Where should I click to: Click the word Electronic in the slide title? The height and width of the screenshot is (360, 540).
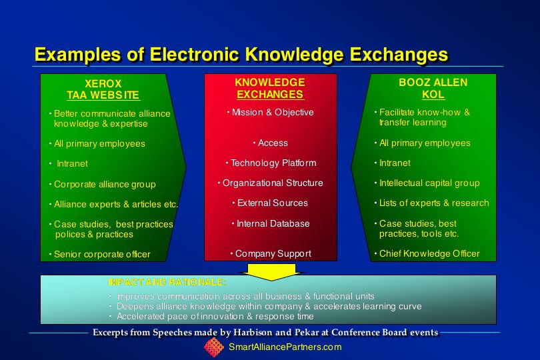click(x=194, y=55)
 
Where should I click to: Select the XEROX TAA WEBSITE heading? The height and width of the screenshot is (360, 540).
click(x=103, y=89)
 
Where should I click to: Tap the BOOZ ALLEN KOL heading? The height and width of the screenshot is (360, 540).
click(x=433, y=88)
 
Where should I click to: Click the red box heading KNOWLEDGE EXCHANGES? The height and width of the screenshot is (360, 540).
click(x=270, y=88)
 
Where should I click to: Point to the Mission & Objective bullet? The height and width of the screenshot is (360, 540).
click(x=271, y=112)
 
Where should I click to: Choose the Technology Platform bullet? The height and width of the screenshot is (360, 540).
click(x=271, y=163)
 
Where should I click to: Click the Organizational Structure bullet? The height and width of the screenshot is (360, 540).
click(x=271, y=183)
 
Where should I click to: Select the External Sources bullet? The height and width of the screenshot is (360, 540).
click(x=271, y=203)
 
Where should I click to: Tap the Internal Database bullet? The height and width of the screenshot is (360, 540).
click(x=271, y=223)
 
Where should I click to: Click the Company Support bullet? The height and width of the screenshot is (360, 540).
click(x=271, y=253)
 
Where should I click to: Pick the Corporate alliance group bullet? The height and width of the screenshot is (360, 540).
click(x=103, y=184)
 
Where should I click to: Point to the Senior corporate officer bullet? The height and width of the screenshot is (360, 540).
click(x=100, y=254)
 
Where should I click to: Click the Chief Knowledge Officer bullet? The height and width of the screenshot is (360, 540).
click(x=427, y=253)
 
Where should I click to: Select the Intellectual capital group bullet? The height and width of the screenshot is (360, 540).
click(x=427, y=183)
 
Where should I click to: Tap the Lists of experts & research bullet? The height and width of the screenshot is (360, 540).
click(x=432, y=203)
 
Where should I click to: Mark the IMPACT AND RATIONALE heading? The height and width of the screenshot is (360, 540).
click(x=167, y=283)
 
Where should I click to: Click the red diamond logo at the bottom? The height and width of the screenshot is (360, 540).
click(x=214, y=347)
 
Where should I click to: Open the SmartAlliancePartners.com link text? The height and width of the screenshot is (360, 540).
click(x=285, y=347)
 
